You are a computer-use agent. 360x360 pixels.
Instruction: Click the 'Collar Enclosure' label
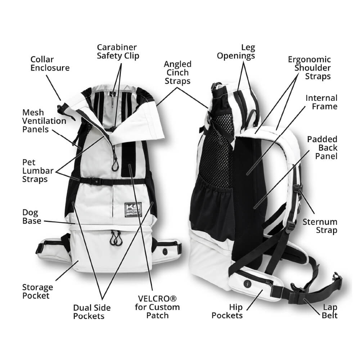[x=50, y=63]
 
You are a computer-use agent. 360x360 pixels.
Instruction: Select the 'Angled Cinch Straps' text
[x=177, y=72]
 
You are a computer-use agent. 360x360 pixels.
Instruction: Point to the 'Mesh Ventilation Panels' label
[x=44, y=121]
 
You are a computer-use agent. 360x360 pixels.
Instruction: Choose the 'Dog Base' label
[x=32, y=216]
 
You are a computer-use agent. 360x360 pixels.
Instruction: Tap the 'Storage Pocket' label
[x=37, y=291]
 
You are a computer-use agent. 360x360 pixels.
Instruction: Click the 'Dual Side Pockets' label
[x=92, y=312]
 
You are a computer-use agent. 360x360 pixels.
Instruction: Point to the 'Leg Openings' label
[x=241, y=51]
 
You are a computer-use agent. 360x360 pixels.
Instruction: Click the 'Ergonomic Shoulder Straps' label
[x=309, y=68]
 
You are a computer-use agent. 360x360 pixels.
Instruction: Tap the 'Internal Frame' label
[x=321, y=102]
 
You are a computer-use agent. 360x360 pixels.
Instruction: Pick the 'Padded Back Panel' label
[x=322, y=148]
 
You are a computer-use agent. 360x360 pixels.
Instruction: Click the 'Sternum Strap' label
[x=320, y=226]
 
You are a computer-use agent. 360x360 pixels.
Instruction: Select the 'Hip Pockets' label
[x=227, y=311]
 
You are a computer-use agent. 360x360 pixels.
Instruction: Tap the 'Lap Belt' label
[x=330, y=311]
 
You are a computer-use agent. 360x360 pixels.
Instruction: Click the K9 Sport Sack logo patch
[x=133, y=209]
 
